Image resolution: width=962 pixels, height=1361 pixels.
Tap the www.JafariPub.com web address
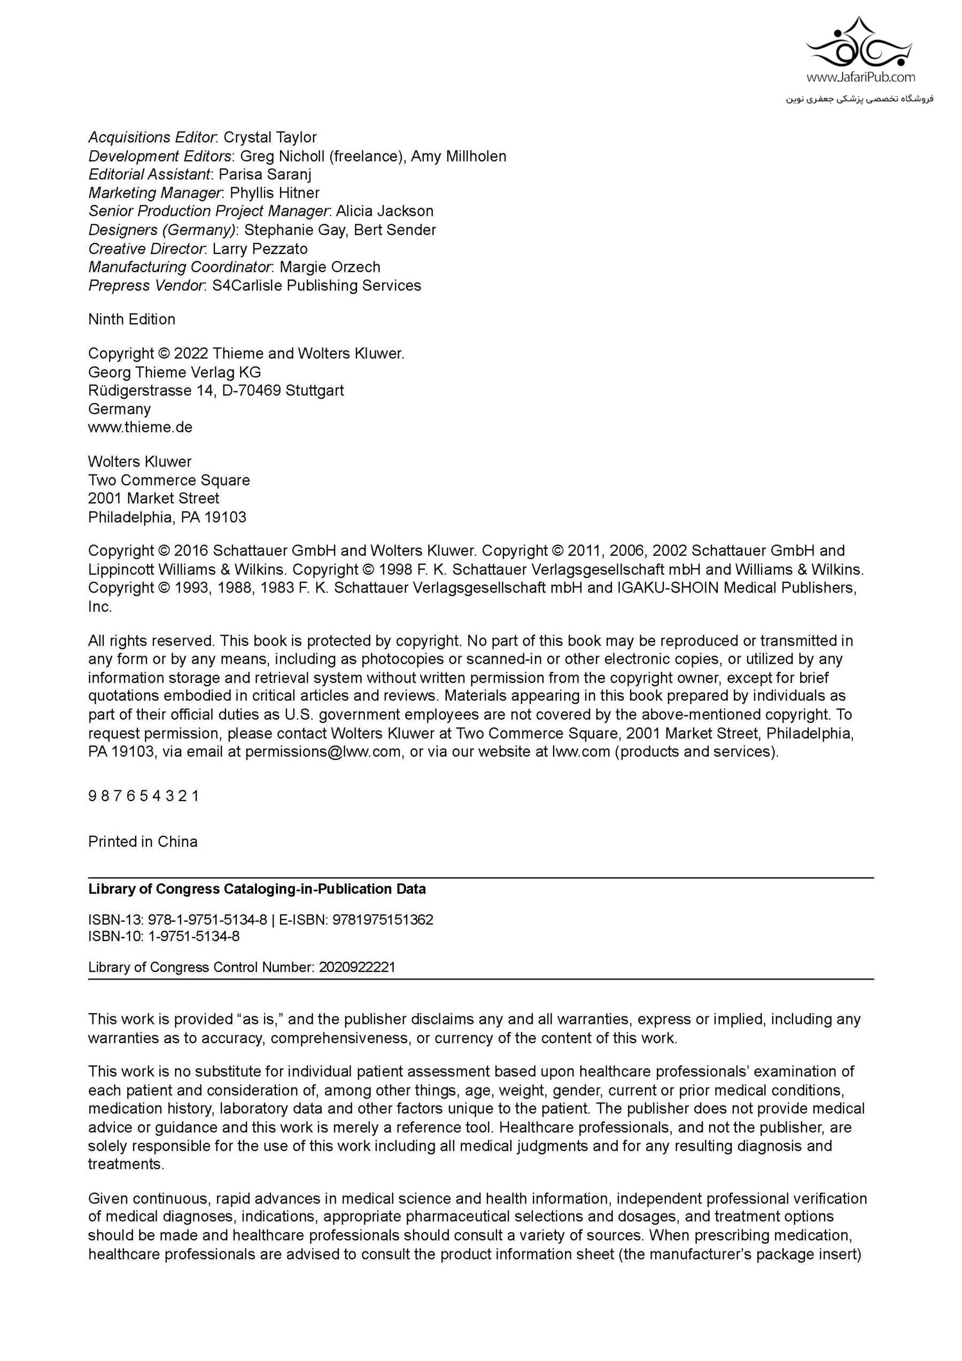click(860, 77)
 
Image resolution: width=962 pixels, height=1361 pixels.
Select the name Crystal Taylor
click(270, 137)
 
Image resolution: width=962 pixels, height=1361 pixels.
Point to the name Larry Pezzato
click(260, 248)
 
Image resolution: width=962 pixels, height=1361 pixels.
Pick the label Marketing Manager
click(154, 193)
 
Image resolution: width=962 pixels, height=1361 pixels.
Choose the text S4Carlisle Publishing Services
click(316, 285)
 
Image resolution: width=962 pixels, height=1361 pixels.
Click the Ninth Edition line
click(131, 319)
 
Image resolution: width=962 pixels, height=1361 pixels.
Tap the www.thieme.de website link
click(140, 427)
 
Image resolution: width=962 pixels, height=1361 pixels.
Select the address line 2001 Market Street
click(153, 498)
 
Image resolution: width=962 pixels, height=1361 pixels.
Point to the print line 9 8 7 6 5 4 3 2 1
click(143, 796)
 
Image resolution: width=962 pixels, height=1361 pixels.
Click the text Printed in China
click(143, 842)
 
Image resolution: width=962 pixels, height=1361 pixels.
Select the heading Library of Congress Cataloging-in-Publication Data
click(257, 889)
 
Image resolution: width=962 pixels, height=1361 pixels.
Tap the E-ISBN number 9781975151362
click(383, 920)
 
